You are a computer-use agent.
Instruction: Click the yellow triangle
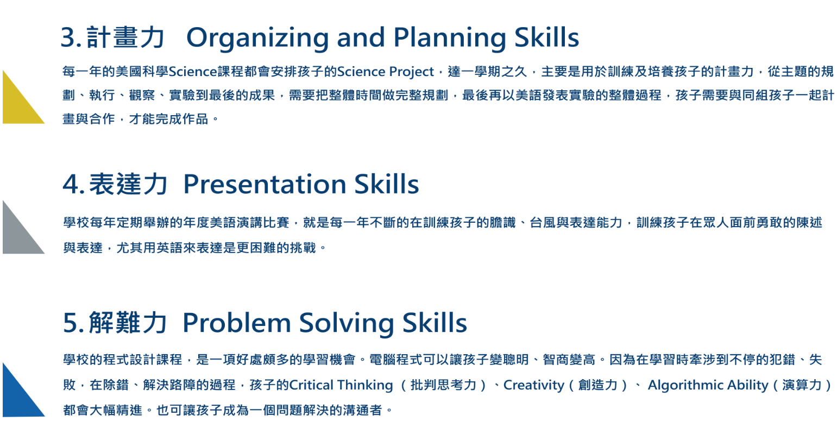(17, 106)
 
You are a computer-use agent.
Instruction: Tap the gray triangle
(17, 236)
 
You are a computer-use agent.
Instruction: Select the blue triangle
(17, 399)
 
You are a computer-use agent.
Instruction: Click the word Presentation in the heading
(265, 184)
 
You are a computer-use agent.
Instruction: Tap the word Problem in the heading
(236, 323)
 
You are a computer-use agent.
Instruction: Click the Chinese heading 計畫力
(125, 37)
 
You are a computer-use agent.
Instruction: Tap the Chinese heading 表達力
(128, 184)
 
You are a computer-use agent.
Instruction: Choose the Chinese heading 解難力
(128, 322)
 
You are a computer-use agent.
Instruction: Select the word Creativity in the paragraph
(533, 385)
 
